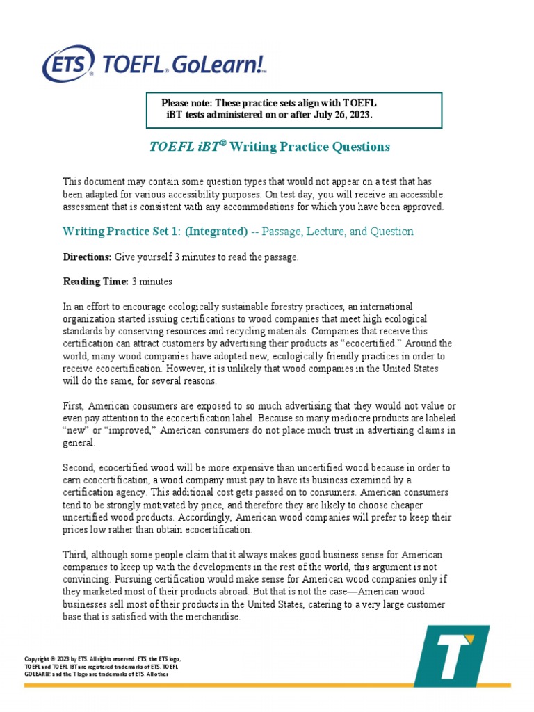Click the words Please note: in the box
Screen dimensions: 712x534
click(x=186, y=103)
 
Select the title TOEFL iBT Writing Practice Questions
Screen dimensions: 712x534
click(x=270, y=147)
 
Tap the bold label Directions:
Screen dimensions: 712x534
click(x=87, y=257)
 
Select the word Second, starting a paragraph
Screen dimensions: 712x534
click(x=81, y=468)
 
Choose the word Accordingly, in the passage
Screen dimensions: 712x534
click(x=202, y=518)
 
